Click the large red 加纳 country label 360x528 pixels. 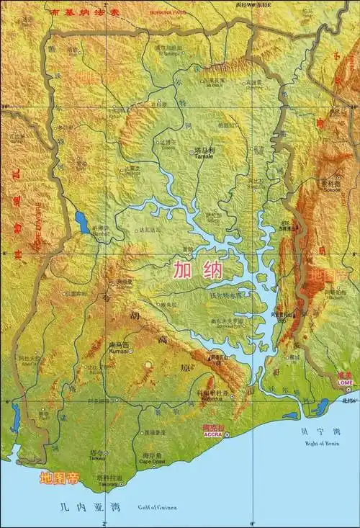point(197,270)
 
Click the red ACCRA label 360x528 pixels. point(212,435)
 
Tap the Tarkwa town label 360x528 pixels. point(97,458)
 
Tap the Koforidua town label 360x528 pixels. point(215,398)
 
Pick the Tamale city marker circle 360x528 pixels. point(193,152)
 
